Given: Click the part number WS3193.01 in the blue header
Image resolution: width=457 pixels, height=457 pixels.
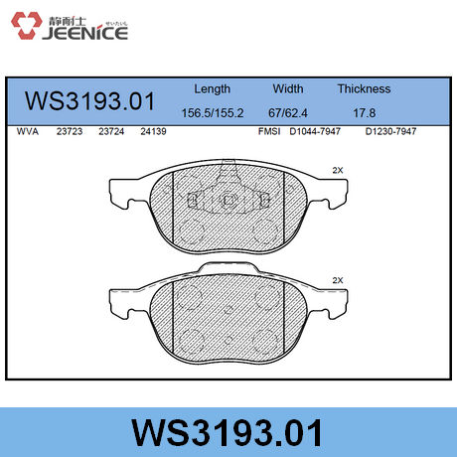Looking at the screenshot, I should pos(89,101).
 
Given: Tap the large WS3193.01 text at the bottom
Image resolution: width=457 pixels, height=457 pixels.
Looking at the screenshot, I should pos(228,433).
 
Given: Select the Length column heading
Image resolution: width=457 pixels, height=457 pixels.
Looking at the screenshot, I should pos(212,88).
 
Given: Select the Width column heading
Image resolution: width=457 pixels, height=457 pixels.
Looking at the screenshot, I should pos(288,88).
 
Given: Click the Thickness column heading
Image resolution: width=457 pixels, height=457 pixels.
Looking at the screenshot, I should pos(364,88).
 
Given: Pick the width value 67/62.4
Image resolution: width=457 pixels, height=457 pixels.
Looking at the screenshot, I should pos(289,112).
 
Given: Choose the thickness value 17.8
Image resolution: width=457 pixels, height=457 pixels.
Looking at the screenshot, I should pos(364,112).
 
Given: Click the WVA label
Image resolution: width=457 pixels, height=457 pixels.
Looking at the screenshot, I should pos(28,130).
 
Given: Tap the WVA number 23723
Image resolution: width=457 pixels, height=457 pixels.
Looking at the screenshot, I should pos(69,130).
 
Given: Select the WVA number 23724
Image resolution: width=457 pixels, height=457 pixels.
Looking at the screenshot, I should pos(110,130).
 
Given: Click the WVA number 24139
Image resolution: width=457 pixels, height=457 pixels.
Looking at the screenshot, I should pos(152,130).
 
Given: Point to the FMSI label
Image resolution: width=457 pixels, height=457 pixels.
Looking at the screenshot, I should pos(269,130).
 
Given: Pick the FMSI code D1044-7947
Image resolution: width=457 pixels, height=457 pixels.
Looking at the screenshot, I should pos(315,130).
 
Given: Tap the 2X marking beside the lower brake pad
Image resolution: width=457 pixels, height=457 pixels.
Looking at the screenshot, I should pos(338,280).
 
